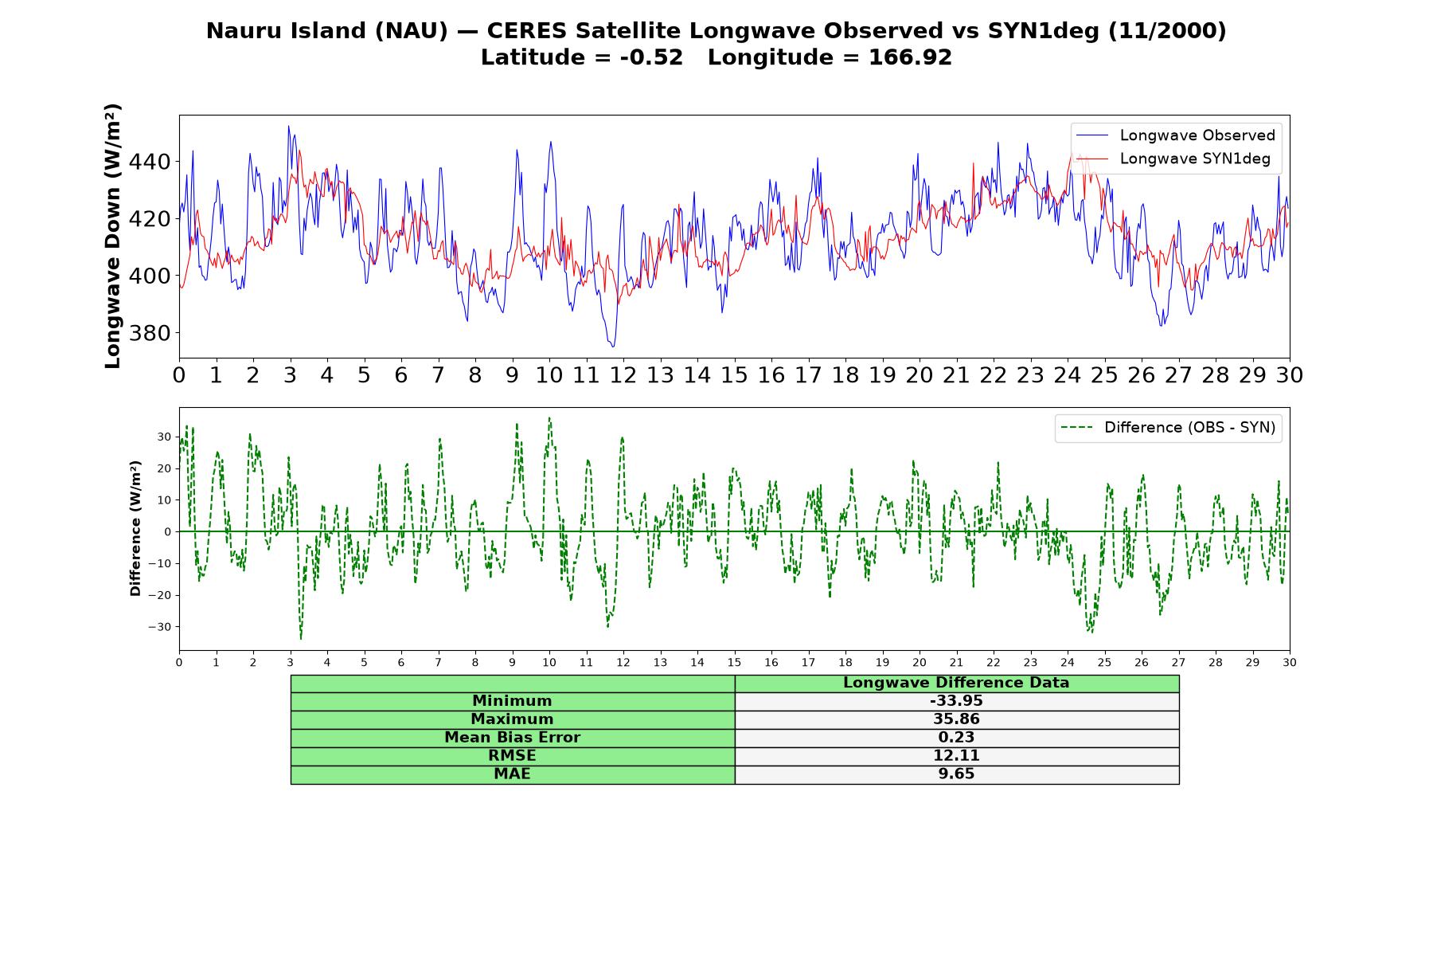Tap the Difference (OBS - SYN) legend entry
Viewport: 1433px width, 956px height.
[1169, 428]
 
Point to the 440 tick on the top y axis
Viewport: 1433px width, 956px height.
[149, 162]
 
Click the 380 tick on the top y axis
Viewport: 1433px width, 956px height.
[149, 333]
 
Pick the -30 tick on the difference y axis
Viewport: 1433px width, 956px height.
[159, 627]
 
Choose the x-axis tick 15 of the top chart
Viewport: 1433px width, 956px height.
[734, 375]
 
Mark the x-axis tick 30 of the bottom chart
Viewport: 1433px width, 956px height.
[1290, 663]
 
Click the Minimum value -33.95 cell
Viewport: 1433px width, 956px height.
[956, 701]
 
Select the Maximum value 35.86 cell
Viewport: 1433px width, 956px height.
[956, 719]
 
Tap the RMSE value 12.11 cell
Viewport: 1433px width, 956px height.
[956, 756]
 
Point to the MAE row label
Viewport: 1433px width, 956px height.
[512, 774]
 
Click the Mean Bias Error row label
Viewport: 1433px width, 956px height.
[512, 738]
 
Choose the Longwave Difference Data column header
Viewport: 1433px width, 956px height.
[956, 683]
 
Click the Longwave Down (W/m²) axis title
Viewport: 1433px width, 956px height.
[113, 236]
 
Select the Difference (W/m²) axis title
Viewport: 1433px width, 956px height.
[135, 528]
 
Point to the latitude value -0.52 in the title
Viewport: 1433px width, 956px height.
[651, 57]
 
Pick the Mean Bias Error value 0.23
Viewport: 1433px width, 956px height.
[956, 738]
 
